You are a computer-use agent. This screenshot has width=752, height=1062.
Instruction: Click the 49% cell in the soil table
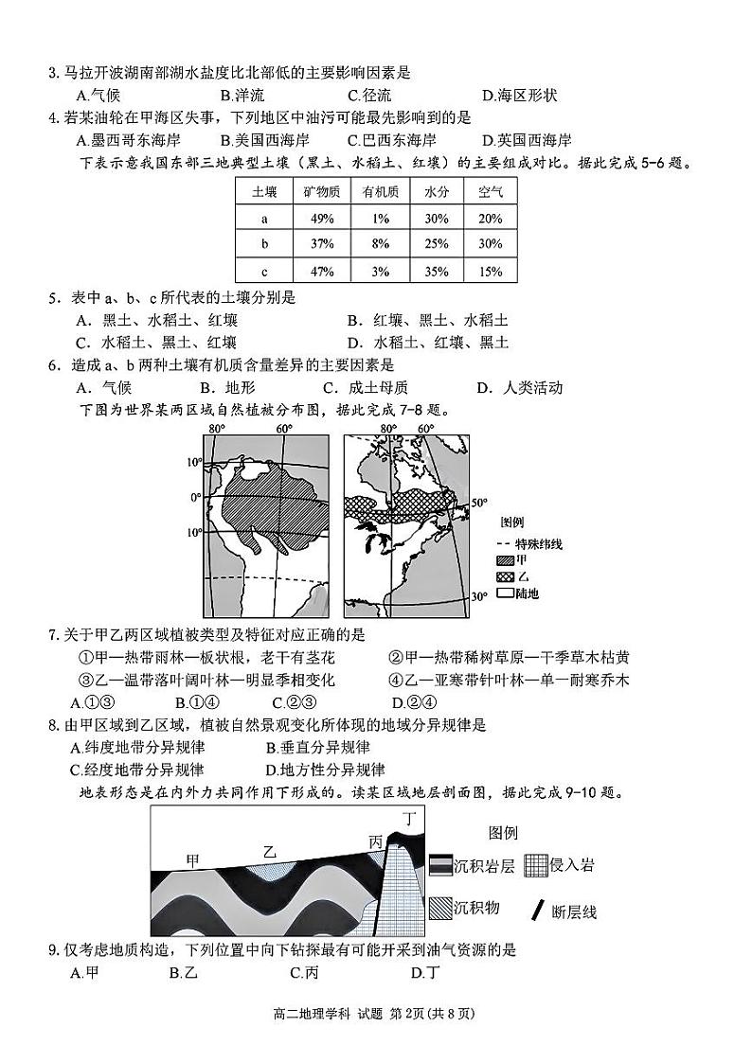click(x=321, y=219)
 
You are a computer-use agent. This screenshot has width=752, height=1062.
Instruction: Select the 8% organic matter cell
click(x=380, y=244)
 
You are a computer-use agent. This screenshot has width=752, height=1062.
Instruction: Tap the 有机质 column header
click(x=380, y=192)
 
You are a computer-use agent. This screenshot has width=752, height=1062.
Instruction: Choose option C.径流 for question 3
click(x=369, y=95)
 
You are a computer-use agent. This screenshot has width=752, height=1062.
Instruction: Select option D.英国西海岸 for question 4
click(x=528, y=140)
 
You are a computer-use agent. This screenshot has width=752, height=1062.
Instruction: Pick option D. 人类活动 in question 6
click(x=520, y=387)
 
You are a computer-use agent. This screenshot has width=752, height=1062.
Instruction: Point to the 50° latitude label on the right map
click(x=478, y=503)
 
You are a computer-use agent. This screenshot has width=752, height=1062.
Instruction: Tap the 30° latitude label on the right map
click(x=479, y=596)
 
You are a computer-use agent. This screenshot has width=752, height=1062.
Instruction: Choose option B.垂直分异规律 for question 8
click(x=305, y=748)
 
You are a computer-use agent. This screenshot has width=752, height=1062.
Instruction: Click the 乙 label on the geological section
click(x=270, y=852)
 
